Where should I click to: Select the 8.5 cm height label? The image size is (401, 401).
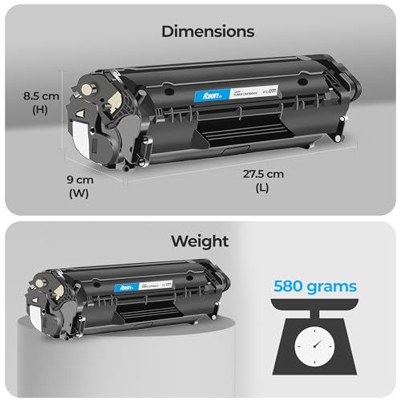(40, 95)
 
